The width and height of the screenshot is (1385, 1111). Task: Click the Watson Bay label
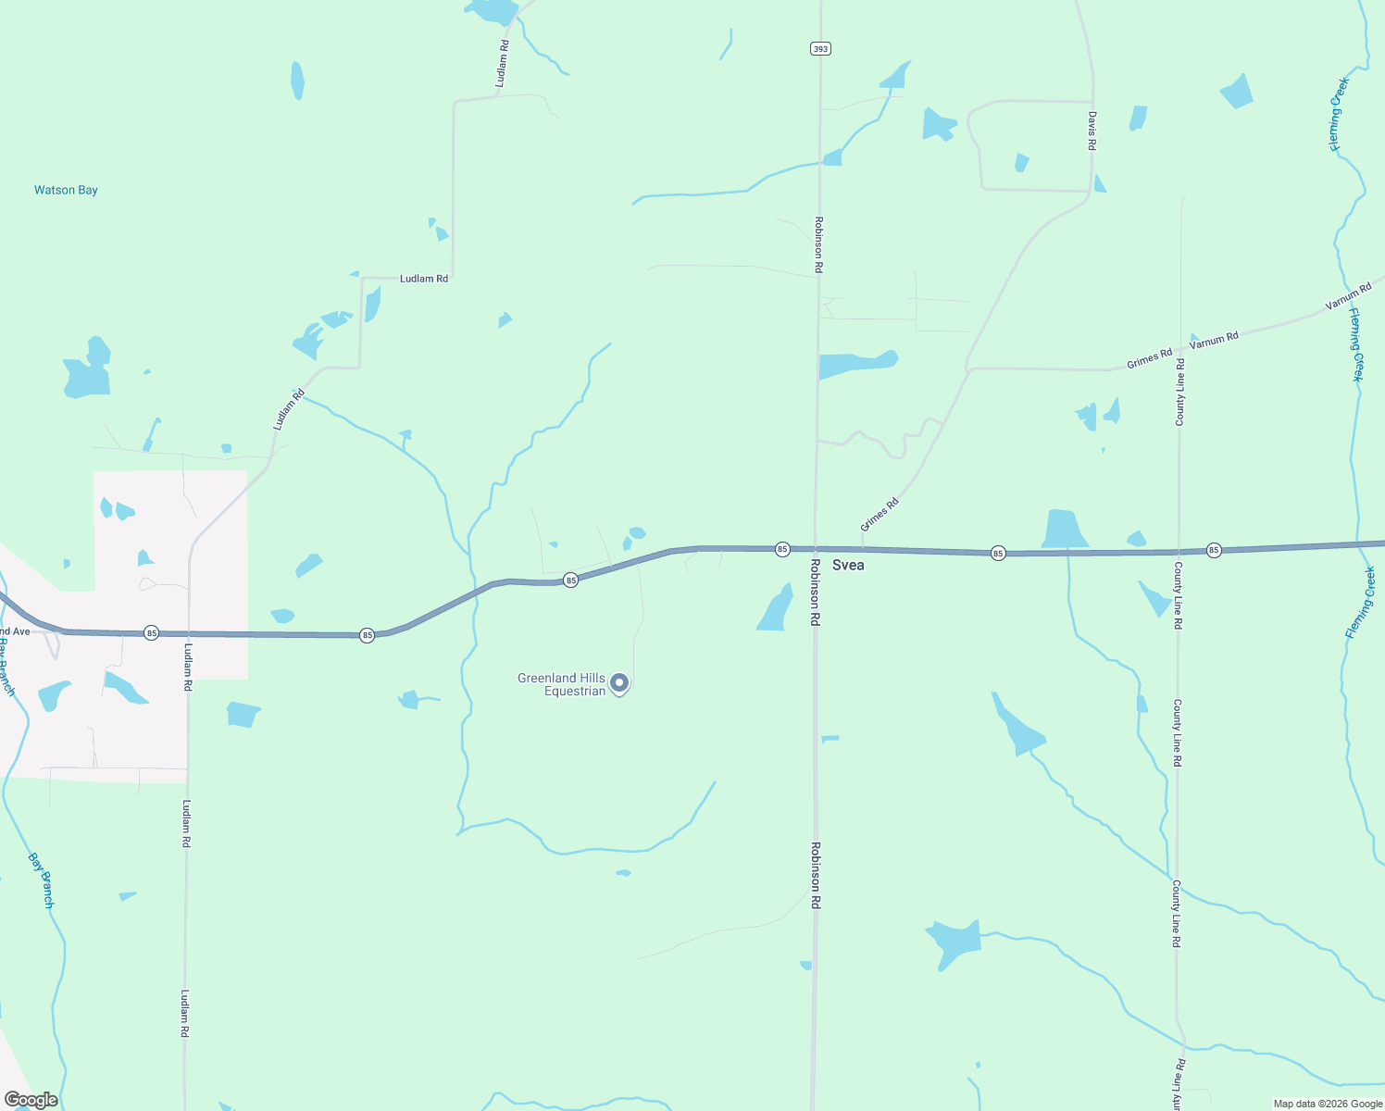tap(66, 190)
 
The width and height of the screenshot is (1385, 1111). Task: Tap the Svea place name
tap(848, 565)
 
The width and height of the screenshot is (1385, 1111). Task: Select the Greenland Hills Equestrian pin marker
tap(620, 683)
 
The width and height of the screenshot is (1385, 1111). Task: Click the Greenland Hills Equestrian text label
tap(561, 684)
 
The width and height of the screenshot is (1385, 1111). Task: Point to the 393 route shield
tap(819, 48)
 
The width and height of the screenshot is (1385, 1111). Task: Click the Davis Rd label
tap(1092, 131)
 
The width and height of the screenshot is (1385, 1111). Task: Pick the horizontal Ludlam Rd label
tap(424, 279)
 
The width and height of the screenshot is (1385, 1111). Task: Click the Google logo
tap(31, 1100)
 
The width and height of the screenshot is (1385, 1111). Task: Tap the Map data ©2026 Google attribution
tap(1328, 1104)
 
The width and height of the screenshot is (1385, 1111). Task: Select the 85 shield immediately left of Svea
tap(782, 549)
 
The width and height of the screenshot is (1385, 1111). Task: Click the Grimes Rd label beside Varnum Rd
tap(1150, 358)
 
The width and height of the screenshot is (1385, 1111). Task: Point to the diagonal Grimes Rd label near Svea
tap(880, 515)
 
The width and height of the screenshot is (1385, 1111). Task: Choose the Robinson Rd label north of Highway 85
tap(818, 244)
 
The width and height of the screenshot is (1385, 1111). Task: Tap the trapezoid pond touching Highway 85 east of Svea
tap(1065, 530)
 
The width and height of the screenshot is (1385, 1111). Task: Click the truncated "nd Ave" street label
tap(15, 631)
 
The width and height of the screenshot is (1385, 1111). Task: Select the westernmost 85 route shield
tap(151, 633)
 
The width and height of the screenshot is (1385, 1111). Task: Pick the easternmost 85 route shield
tap(1214, 550)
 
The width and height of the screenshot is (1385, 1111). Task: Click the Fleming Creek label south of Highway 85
tap(1360, 604)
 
